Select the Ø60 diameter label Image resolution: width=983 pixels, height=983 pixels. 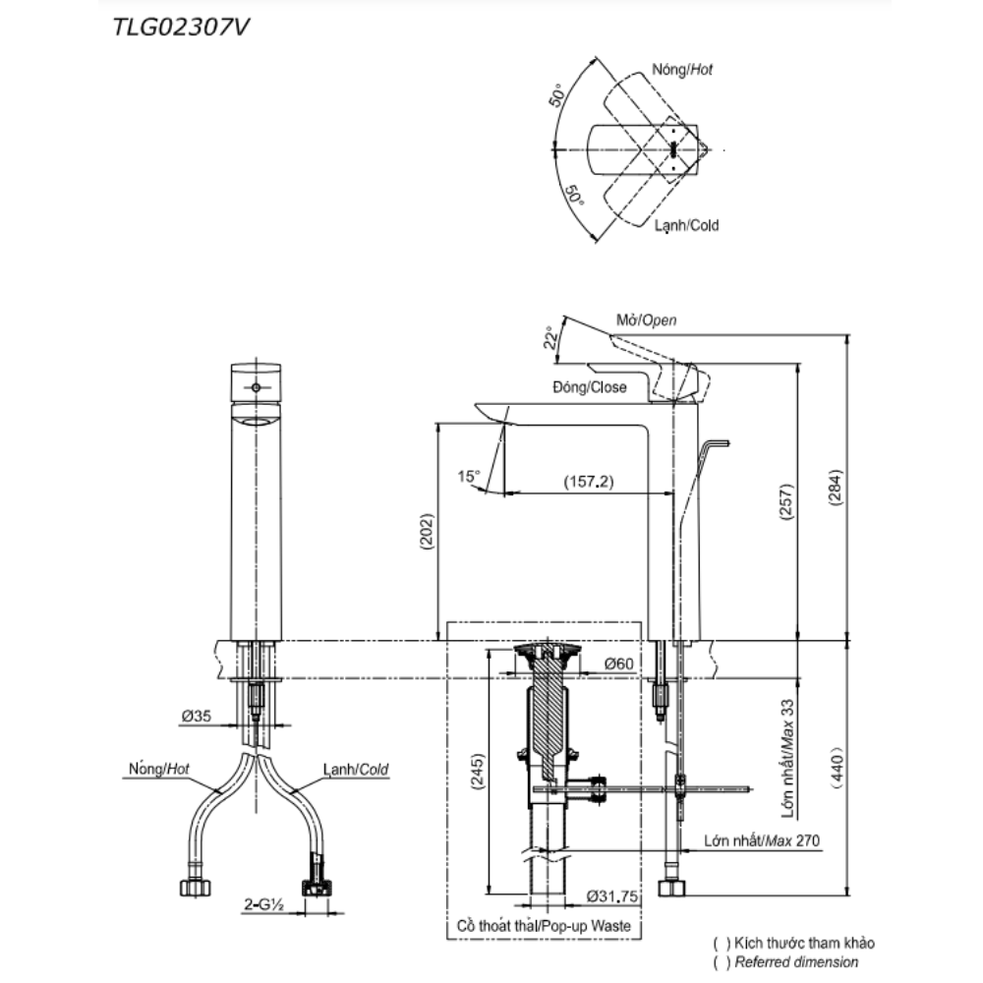click(618, 665)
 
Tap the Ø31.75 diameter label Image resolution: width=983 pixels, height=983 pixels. click(612, 896)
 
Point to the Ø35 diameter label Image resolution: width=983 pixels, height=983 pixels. click(196, 718)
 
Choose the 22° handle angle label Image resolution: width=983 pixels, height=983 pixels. click(550, 338)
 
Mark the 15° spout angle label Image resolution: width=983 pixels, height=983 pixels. click(469, 477)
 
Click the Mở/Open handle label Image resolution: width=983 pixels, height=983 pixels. click(646, 320)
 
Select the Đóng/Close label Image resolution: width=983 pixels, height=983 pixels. click(589, 387)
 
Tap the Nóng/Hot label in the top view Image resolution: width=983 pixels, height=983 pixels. click(682, 70)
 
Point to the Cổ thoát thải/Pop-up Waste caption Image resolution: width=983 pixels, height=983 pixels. click(544, 926)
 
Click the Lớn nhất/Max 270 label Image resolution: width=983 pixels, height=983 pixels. click(762, 841)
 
